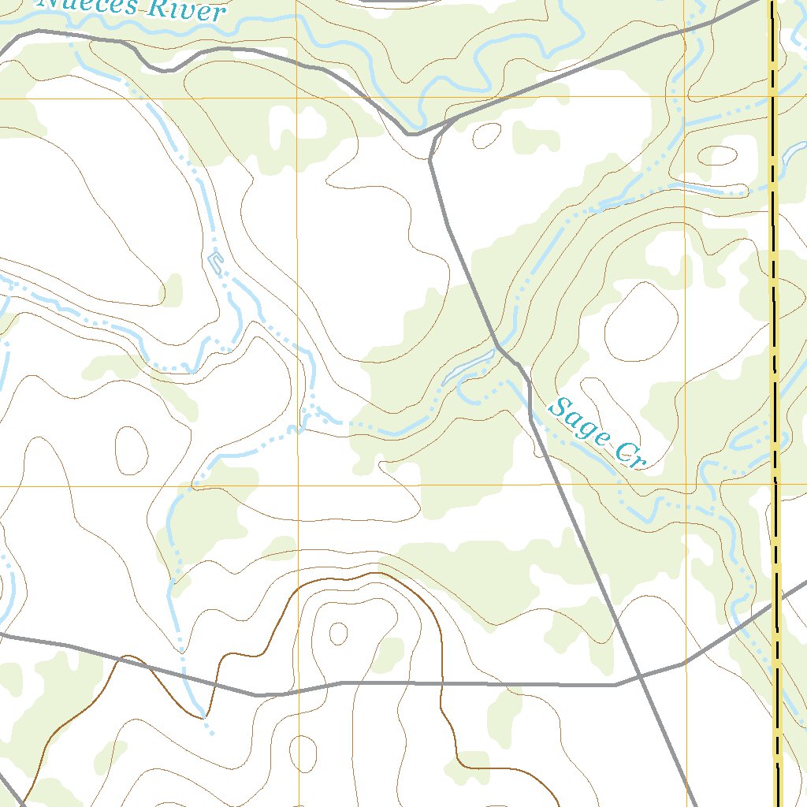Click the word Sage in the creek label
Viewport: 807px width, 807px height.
579,423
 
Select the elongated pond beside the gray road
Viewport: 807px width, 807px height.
470,367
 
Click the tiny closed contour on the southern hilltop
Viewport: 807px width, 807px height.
339,633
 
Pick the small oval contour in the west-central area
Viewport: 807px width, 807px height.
132,448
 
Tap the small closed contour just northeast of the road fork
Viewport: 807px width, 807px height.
487,135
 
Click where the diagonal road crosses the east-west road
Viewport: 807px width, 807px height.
638,677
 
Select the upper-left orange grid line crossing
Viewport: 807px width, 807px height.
297,99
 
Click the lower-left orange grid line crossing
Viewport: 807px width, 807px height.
299,485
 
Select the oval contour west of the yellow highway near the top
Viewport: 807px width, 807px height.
719,154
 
